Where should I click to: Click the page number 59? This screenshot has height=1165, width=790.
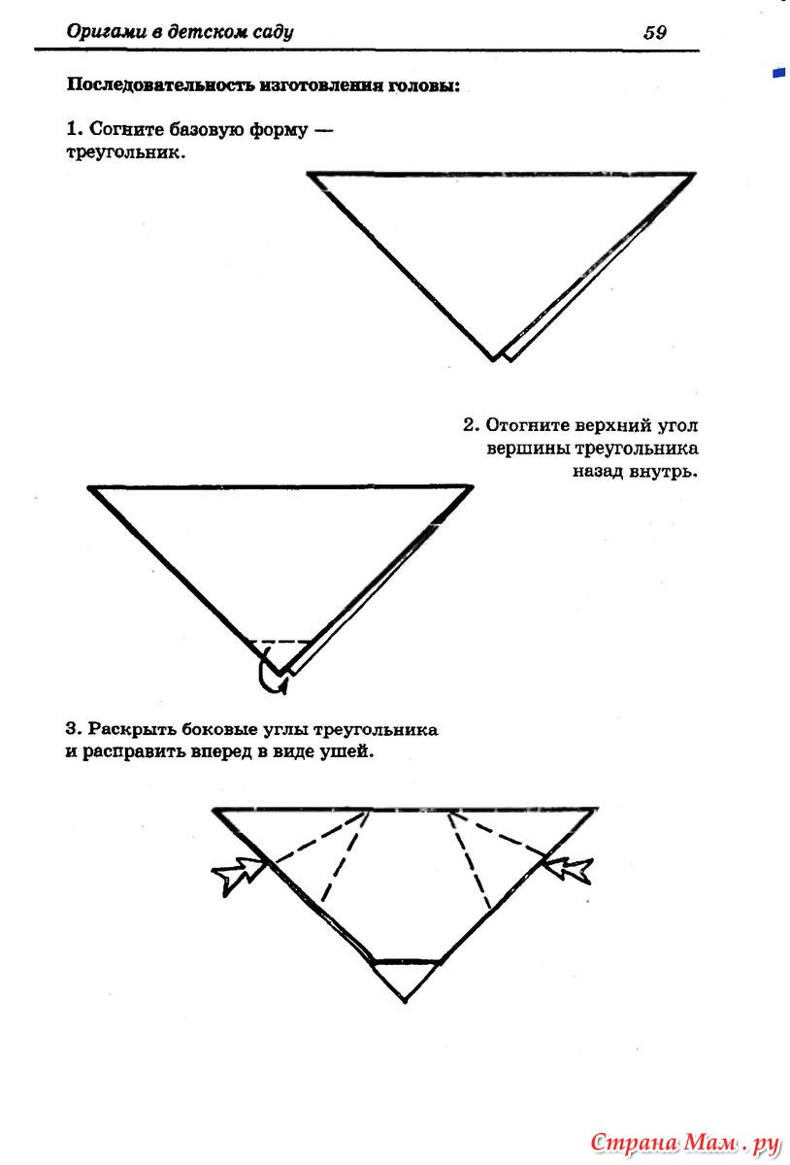click(x=655, y=32)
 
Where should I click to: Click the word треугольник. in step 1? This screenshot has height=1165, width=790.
click(x=126, y=153)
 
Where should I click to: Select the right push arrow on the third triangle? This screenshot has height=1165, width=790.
click(x=566, y=870)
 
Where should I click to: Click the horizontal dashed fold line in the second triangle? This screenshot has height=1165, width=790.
click(x=280, y=642)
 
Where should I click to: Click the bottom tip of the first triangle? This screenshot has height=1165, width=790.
click(x=494, y=359)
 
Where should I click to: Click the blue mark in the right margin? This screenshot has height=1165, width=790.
click(x=778, y=73)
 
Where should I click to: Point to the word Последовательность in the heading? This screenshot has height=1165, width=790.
click(x=160, y=85)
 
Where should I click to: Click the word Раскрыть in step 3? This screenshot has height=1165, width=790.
click(x=132, y=729)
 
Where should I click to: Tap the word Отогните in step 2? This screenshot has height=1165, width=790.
click(x=527, y=425)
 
